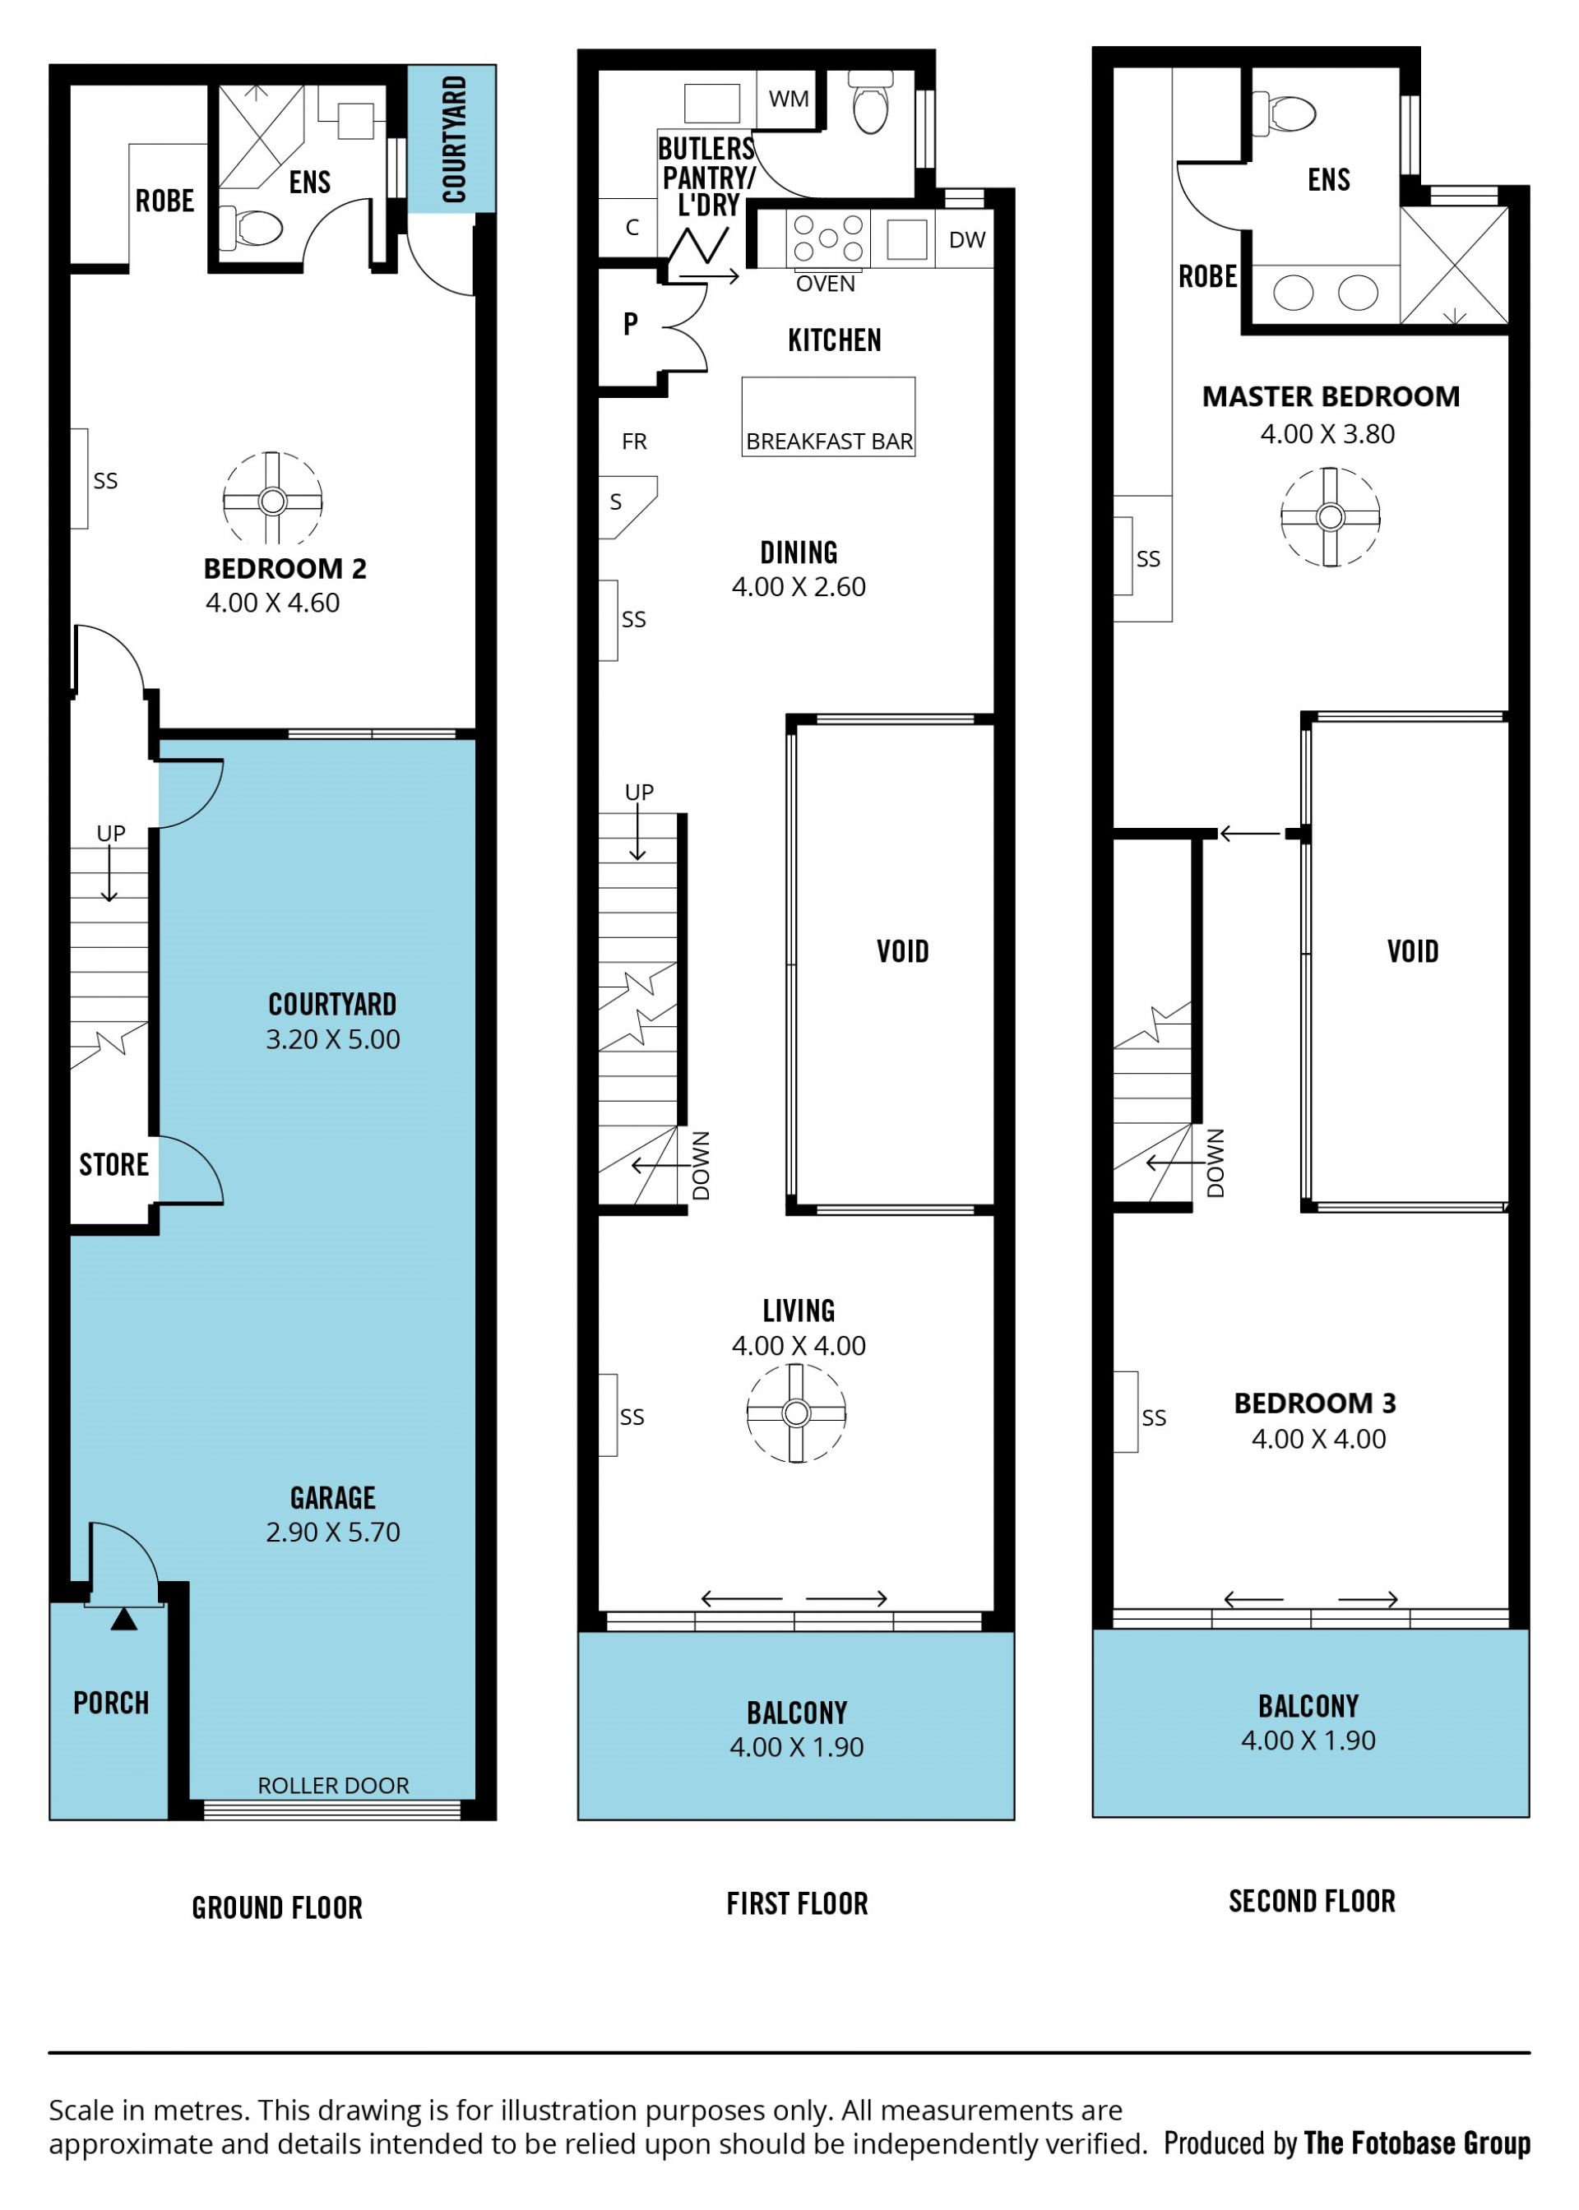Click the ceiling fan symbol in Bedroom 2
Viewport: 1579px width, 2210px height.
(272, 501)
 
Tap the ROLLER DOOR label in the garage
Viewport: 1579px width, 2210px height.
(334, 1785)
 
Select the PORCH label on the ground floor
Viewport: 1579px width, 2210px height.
(111, 1703)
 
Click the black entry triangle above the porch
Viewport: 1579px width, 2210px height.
(123, 1619)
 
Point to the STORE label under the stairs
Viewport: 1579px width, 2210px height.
(113, 1164)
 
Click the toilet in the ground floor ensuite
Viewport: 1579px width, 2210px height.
(251, 229)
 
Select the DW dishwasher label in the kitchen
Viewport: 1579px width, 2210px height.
(966, 240)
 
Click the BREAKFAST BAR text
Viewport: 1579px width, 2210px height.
(829, 442)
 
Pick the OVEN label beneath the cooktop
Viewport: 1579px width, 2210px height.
(826, 284)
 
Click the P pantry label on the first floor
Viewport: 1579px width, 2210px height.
(631, 324)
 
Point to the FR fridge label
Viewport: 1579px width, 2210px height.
(634, 442)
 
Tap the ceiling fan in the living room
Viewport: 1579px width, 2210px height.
(796, 1412)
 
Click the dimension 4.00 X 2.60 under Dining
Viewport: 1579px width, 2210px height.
(799, 587)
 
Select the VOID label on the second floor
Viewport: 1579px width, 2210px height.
(1413, 950)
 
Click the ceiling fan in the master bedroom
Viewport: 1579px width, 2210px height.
(1330, 516)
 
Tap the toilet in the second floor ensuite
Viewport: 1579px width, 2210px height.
(1285, 113)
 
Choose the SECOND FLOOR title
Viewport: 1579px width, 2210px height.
(1312, 1901)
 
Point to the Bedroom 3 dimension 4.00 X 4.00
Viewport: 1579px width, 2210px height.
(1318, 1438)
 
